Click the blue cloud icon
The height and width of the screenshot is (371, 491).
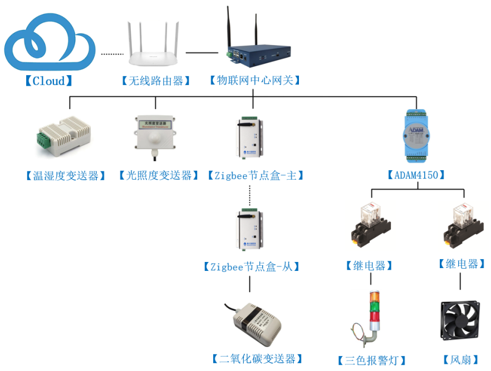point(50,42)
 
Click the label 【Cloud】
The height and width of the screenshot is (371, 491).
point(48,81)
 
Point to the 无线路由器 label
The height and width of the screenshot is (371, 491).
point(155,81)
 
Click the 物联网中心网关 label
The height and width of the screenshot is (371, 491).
point(254,81)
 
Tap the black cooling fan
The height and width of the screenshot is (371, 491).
point(460,321)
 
